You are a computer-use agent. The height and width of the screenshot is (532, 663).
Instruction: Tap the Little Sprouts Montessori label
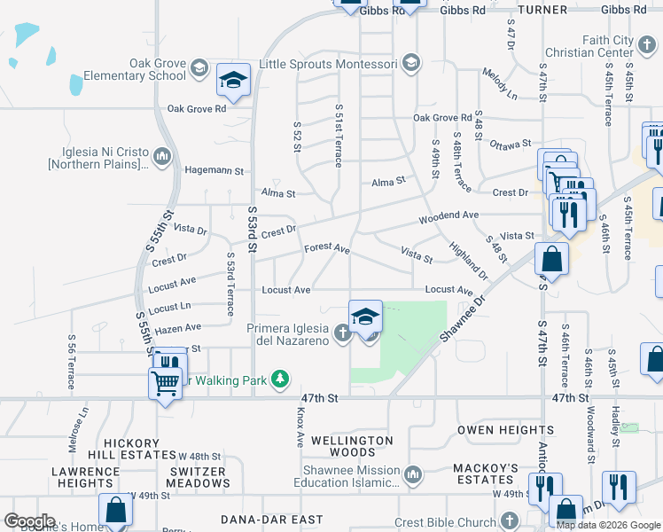328,64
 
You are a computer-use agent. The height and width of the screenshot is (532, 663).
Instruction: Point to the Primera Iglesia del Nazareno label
290,333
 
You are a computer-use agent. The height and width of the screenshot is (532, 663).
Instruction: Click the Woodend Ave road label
448,215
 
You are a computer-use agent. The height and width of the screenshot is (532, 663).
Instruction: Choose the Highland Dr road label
468,259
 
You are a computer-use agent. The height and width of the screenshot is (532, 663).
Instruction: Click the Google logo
29,520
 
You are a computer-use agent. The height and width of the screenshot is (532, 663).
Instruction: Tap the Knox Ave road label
300,428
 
